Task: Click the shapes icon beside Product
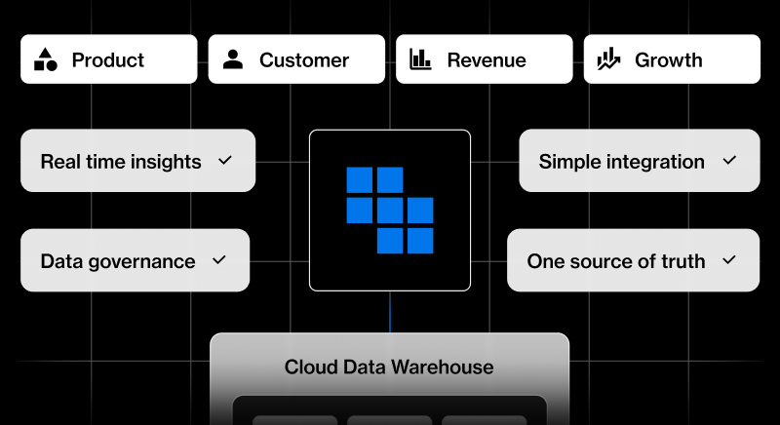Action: pyautogui.click(x=46, y=59)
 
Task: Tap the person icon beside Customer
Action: pyautogui.click(x=233, y=59)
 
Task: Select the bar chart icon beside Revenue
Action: pyautogui.click(x=421, y=59)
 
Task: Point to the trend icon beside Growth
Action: pyautogui.click(x=609, y=59)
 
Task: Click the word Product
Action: pyautogui.click(x=108, y=60)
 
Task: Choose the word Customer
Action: pyautogui.click(x=304, y=60)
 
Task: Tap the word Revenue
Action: pyautogui.click(x=487, y=60)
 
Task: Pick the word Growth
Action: pyautogui.click(x=668, y=60)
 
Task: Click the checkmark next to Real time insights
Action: pyautogui.click(x=225, y=160)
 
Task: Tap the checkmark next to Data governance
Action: pyautogui.click(x=219, y=260)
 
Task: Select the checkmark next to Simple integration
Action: pyautogui.click(x=728, y=160)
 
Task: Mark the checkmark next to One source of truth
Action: pyautogui.click(x=728, y=260)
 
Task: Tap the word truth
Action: pyautogui.click(x=681, y=261)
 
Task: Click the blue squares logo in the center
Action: pyautogui.click(x=390, y=210)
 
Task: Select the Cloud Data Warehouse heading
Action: pyautogui.click(x=389, y=367)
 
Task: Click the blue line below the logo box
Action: pyautogui.click(x=390, y=312)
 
